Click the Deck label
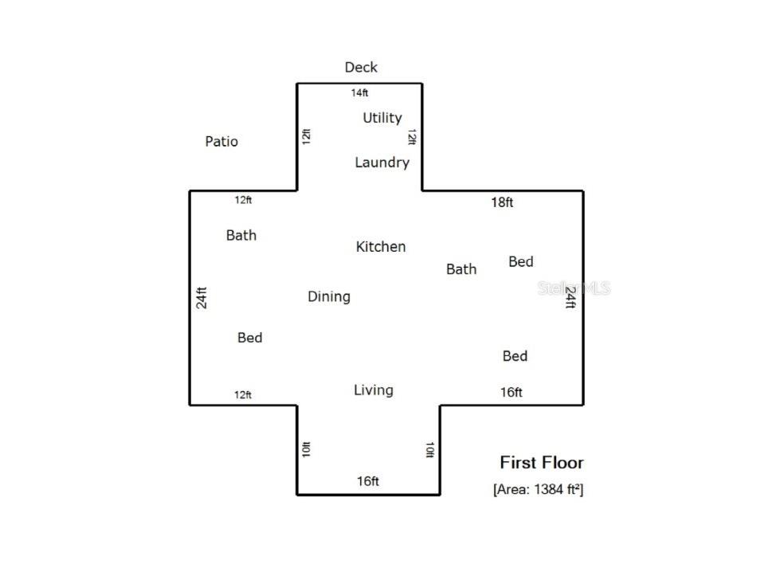tap(361, 67)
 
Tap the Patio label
tap(221, 142)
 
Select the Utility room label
tap(382, 118)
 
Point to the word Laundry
tap(382, 163)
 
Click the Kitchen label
tap(381, 246)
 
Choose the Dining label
tap(329, 297)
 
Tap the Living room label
tap(373, 390)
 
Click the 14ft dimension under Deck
tap(359, 92)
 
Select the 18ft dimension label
tap(502, 202)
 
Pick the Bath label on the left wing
tap(241, 235)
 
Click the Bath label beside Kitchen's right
tap(461, 269)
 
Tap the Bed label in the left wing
tap(250, 338)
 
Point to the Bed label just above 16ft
tap(515, 355)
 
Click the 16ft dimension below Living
tap(368, 481)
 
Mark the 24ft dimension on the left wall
tap(202, 298)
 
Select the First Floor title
tap(542, 462)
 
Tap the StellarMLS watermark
tap(574, 288)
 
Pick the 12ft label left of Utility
tap(306, 137)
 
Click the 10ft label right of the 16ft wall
tap(429, 449)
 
